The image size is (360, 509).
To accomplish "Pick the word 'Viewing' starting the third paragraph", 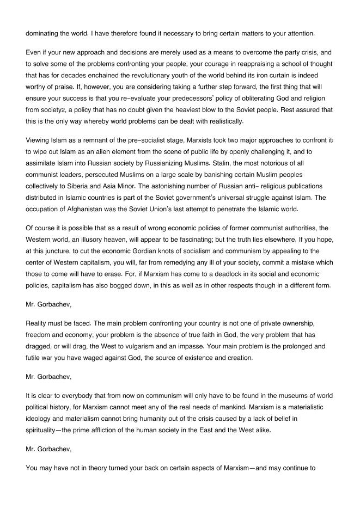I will coord(39,146).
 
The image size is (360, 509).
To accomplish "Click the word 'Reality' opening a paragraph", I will coord(38,326).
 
